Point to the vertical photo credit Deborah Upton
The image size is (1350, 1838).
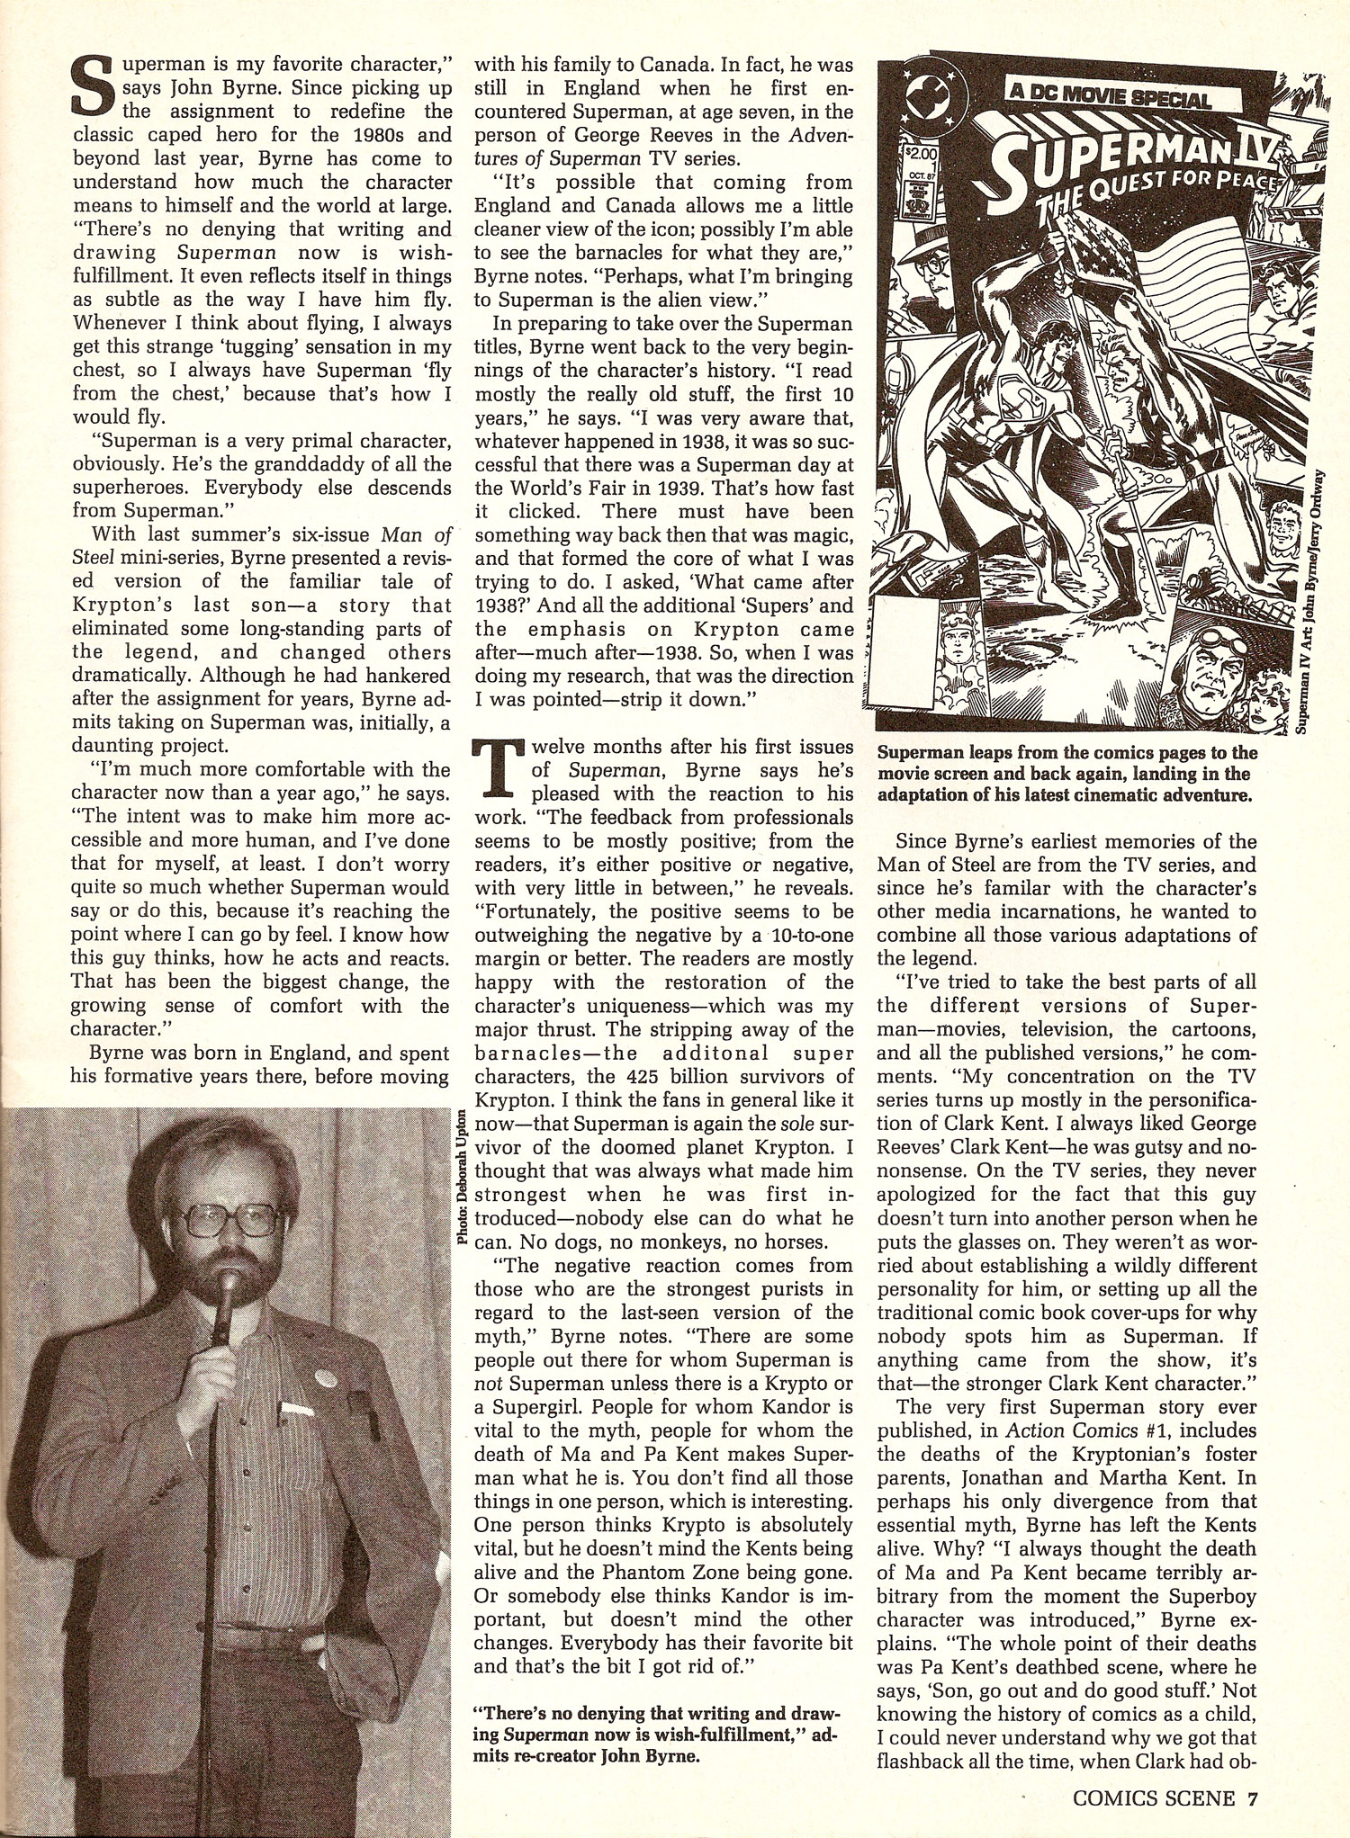pyautogui.click(x=462, y=1174)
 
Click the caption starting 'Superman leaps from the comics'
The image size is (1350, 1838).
pyautogui.click(x=1067, y=774)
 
